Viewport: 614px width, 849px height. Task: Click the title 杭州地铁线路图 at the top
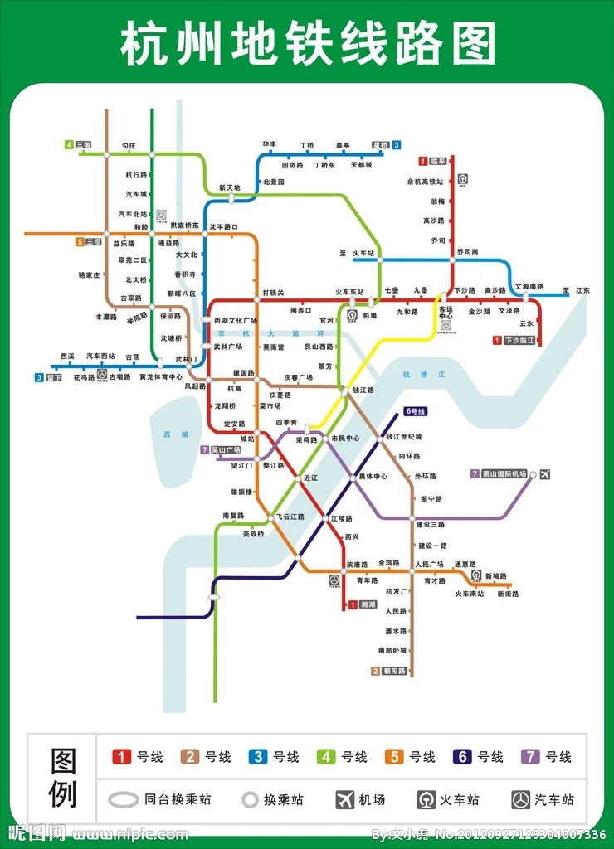pos(307,43)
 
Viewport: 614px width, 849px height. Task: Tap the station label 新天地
pos(229,187)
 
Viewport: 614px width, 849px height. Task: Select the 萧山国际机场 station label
pos(503,473)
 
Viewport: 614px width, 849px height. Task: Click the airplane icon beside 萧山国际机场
pos(545,474)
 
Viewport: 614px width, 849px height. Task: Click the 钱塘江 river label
pos(424,375)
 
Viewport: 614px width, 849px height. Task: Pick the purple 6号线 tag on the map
pos(415,411)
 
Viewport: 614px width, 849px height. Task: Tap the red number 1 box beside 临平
pos(422,161)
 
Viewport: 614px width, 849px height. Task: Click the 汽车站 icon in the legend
pos(521,799)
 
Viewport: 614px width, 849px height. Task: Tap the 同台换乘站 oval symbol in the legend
pos(124,799)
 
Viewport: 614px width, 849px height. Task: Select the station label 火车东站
pos(349,292)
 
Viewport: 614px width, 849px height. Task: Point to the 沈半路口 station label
pos(223,226)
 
